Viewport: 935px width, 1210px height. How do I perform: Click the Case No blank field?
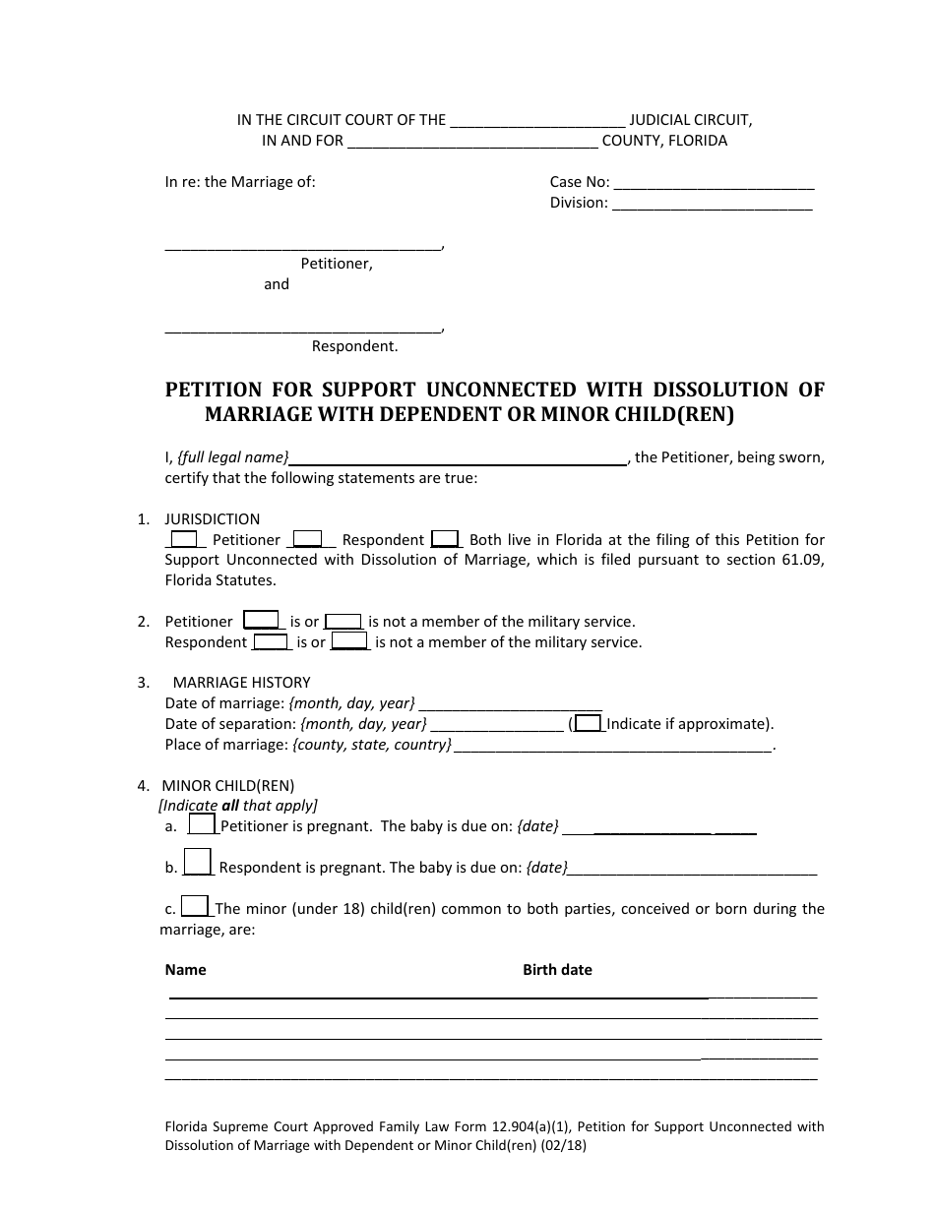pyautogui.click(x=714, y=183)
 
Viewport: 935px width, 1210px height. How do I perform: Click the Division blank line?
pyautogui.click(x=712, y=204)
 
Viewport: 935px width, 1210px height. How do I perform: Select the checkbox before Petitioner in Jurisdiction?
pyautogui.click(x=184, y=539)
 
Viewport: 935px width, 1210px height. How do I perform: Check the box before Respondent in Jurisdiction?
pyautogui.click(x=308, y=539)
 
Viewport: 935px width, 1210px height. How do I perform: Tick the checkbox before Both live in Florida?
pyautogui.click(x=445, y=539)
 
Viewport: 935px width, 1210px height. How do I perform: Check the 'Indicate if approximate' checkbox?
pyautogui.click(x=588, y=723)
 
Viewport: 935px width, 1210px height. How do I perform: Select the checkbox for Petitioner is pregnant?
pyautogui.click(x=202, y=824)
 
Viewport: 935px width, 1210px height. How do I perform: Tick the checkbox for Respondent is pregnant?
pyautogui.click(x=198, y=862)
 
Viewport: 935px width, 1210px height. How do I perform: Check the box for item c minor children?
pyautogui.click(x=195, y=906)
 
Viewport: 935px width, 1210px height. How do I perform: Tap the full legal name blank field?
pyautogui.click(x=460, y=457)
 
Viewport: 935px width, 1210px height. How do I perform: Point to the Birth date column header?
pyautogui.click(x=557, y=970)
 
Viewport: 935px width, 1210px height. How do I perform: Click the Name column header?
pyautogui.click(x=185, y=970)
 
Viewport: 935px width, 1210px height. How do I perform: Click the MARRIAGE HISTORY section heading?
pyautogui.click(x=241, y=683)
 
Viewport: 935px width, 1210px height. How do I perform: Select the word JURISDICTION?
pyautogui.click(x=212, y=519)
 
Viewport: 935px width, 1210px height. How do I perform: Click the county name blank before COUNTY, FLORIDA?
pyautogui.click(x=472, y=142)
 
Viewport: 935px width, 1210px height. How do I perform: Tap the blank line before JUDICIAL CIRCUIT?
pyautogui.click(x=536, y=121)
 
